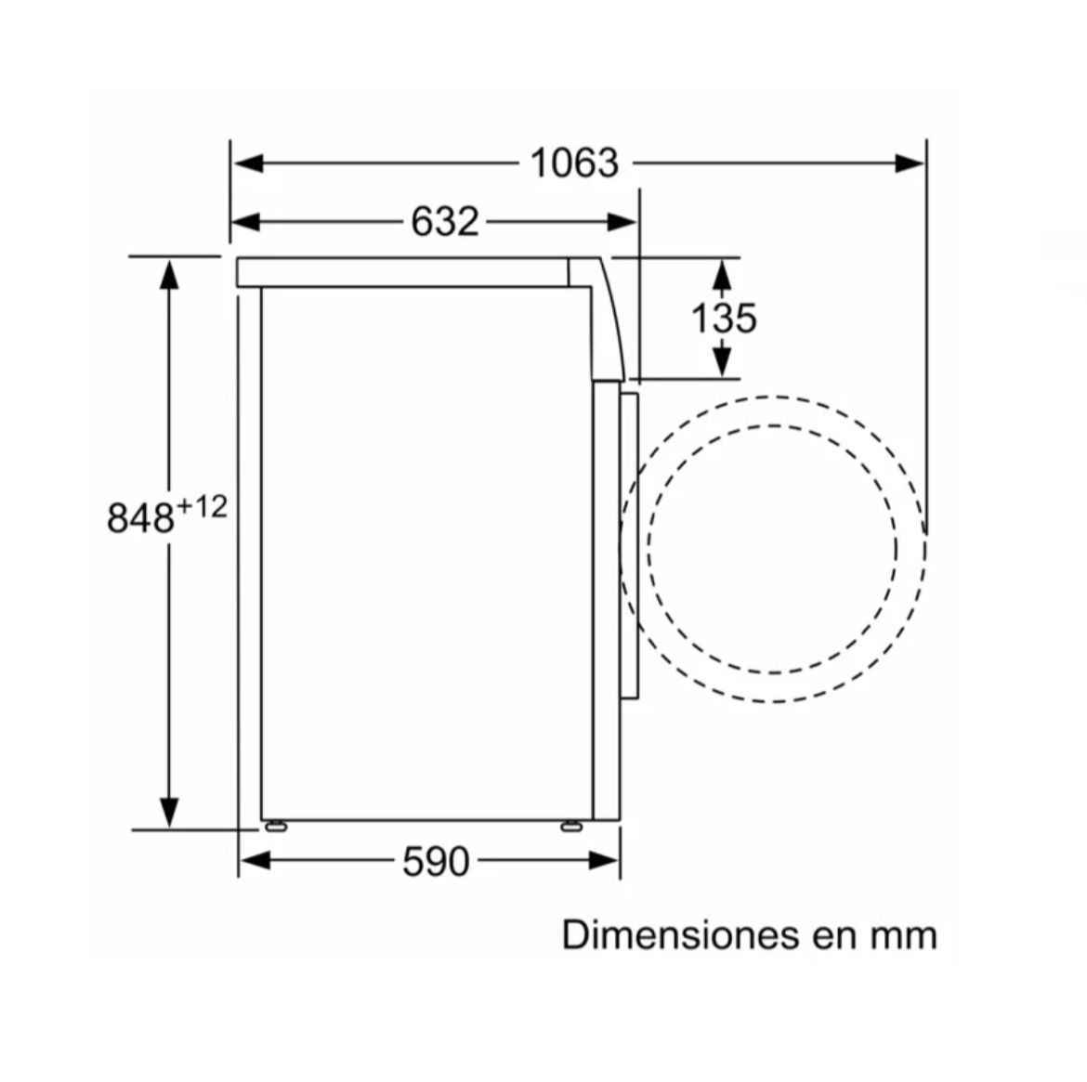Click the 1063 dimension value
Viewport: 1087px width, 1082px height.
pos(574,163)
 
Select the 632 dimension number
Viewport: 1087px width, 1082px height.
pos(444,222)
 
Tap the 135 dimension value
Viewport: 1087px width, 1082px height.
pos(724,319)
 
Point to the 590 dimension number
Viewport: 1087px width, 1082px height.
pos(436,862)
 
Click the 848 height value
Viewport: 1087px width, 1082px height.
pos(140,517)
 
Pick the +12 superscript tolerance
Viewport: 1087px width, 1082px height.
pos(202,507)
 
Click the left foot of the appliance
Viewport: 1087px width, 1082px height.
pos(276,826)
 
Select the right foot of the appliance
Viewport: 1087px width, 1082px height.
pos(571,826)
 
